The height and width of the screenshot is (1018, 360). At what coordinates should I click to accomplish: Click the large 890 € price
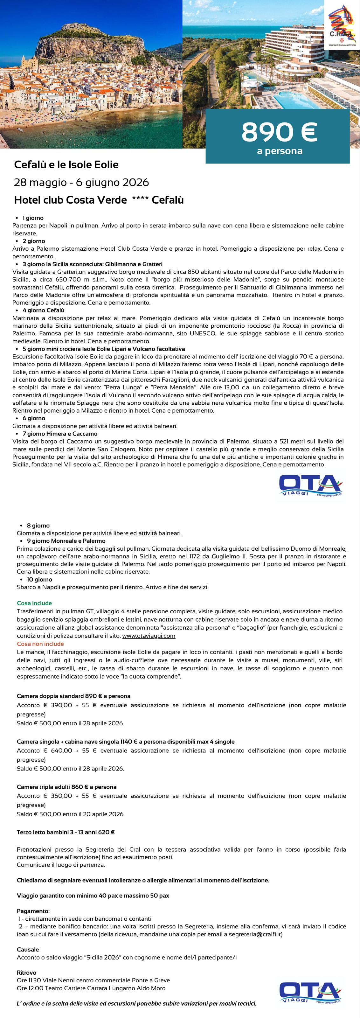[x=279, y=132]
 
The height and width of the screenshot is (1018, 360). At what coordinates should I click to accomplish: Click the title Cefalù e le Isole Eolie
[x=66, y=165]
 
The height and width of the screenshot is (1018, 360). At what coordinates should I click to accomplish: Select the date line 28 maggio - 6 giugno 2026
[x=81, y=182]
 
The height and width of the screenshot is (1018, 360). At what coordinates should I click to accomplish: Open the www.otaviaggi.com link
[x=149, y=636]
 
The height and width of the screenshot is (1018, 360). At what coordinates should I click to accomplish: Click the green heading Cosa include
[x=34, y=603]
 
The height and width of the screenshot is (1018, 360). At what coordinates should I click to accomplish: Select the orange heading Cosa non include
[x=40, y=644]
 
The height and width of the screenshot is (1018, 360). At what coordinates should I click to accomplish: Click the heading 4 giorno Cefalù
[x=44, y=310]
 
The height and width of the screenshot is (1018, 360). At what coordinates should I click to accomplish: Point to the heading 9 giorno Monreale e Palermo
[x=66, y=540]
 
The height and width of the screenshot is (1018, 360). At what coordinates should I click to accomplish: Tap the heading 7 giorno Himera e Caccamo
[x=60, y=434]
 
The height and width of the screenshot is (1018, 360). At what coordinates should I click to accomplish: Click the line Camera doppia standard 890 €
[x=73, y=696]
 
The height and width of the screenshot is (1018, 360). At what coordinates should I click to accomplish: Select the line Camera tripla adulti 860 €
[x=66, y=787]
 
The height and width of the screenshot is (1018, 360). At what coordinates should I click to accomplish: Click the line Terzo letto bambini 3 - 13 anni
[x=66, y=832]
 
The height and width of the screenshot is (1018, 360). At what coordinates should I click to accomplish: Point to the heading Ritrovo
[x=26, y=973]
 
